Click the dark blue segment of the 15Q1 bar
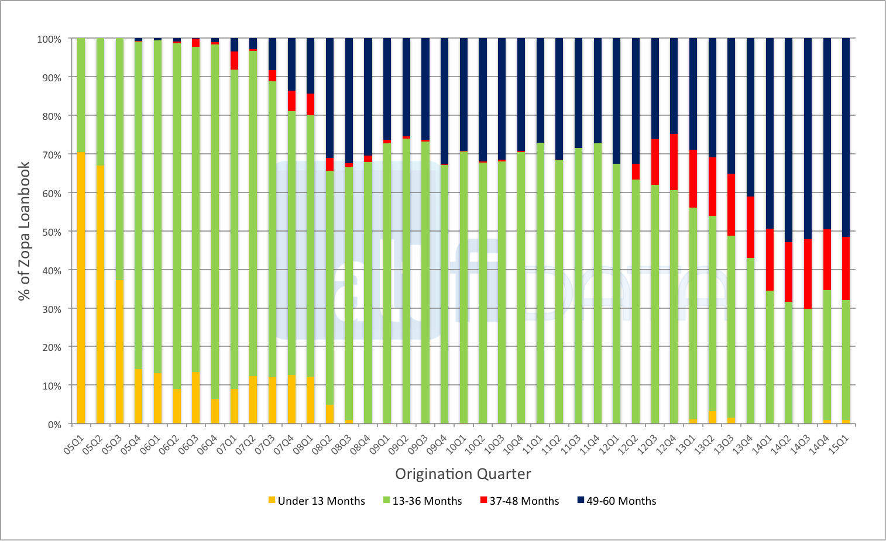coord(846,137)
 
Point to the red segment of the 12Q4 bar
coord(674,162)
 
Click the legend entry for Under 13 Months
coord(317,501)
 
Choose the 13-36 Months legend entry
coord(422,501)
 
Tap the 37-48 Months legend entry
coord(519,501)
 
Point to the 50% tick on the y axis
coord(50,232)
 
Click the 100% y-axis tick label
coord(49,39)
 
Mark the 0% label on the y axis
coord(54,425)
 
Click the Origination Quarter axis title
coord(463,474)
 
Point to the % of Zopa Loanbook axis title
coord(24,231)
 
